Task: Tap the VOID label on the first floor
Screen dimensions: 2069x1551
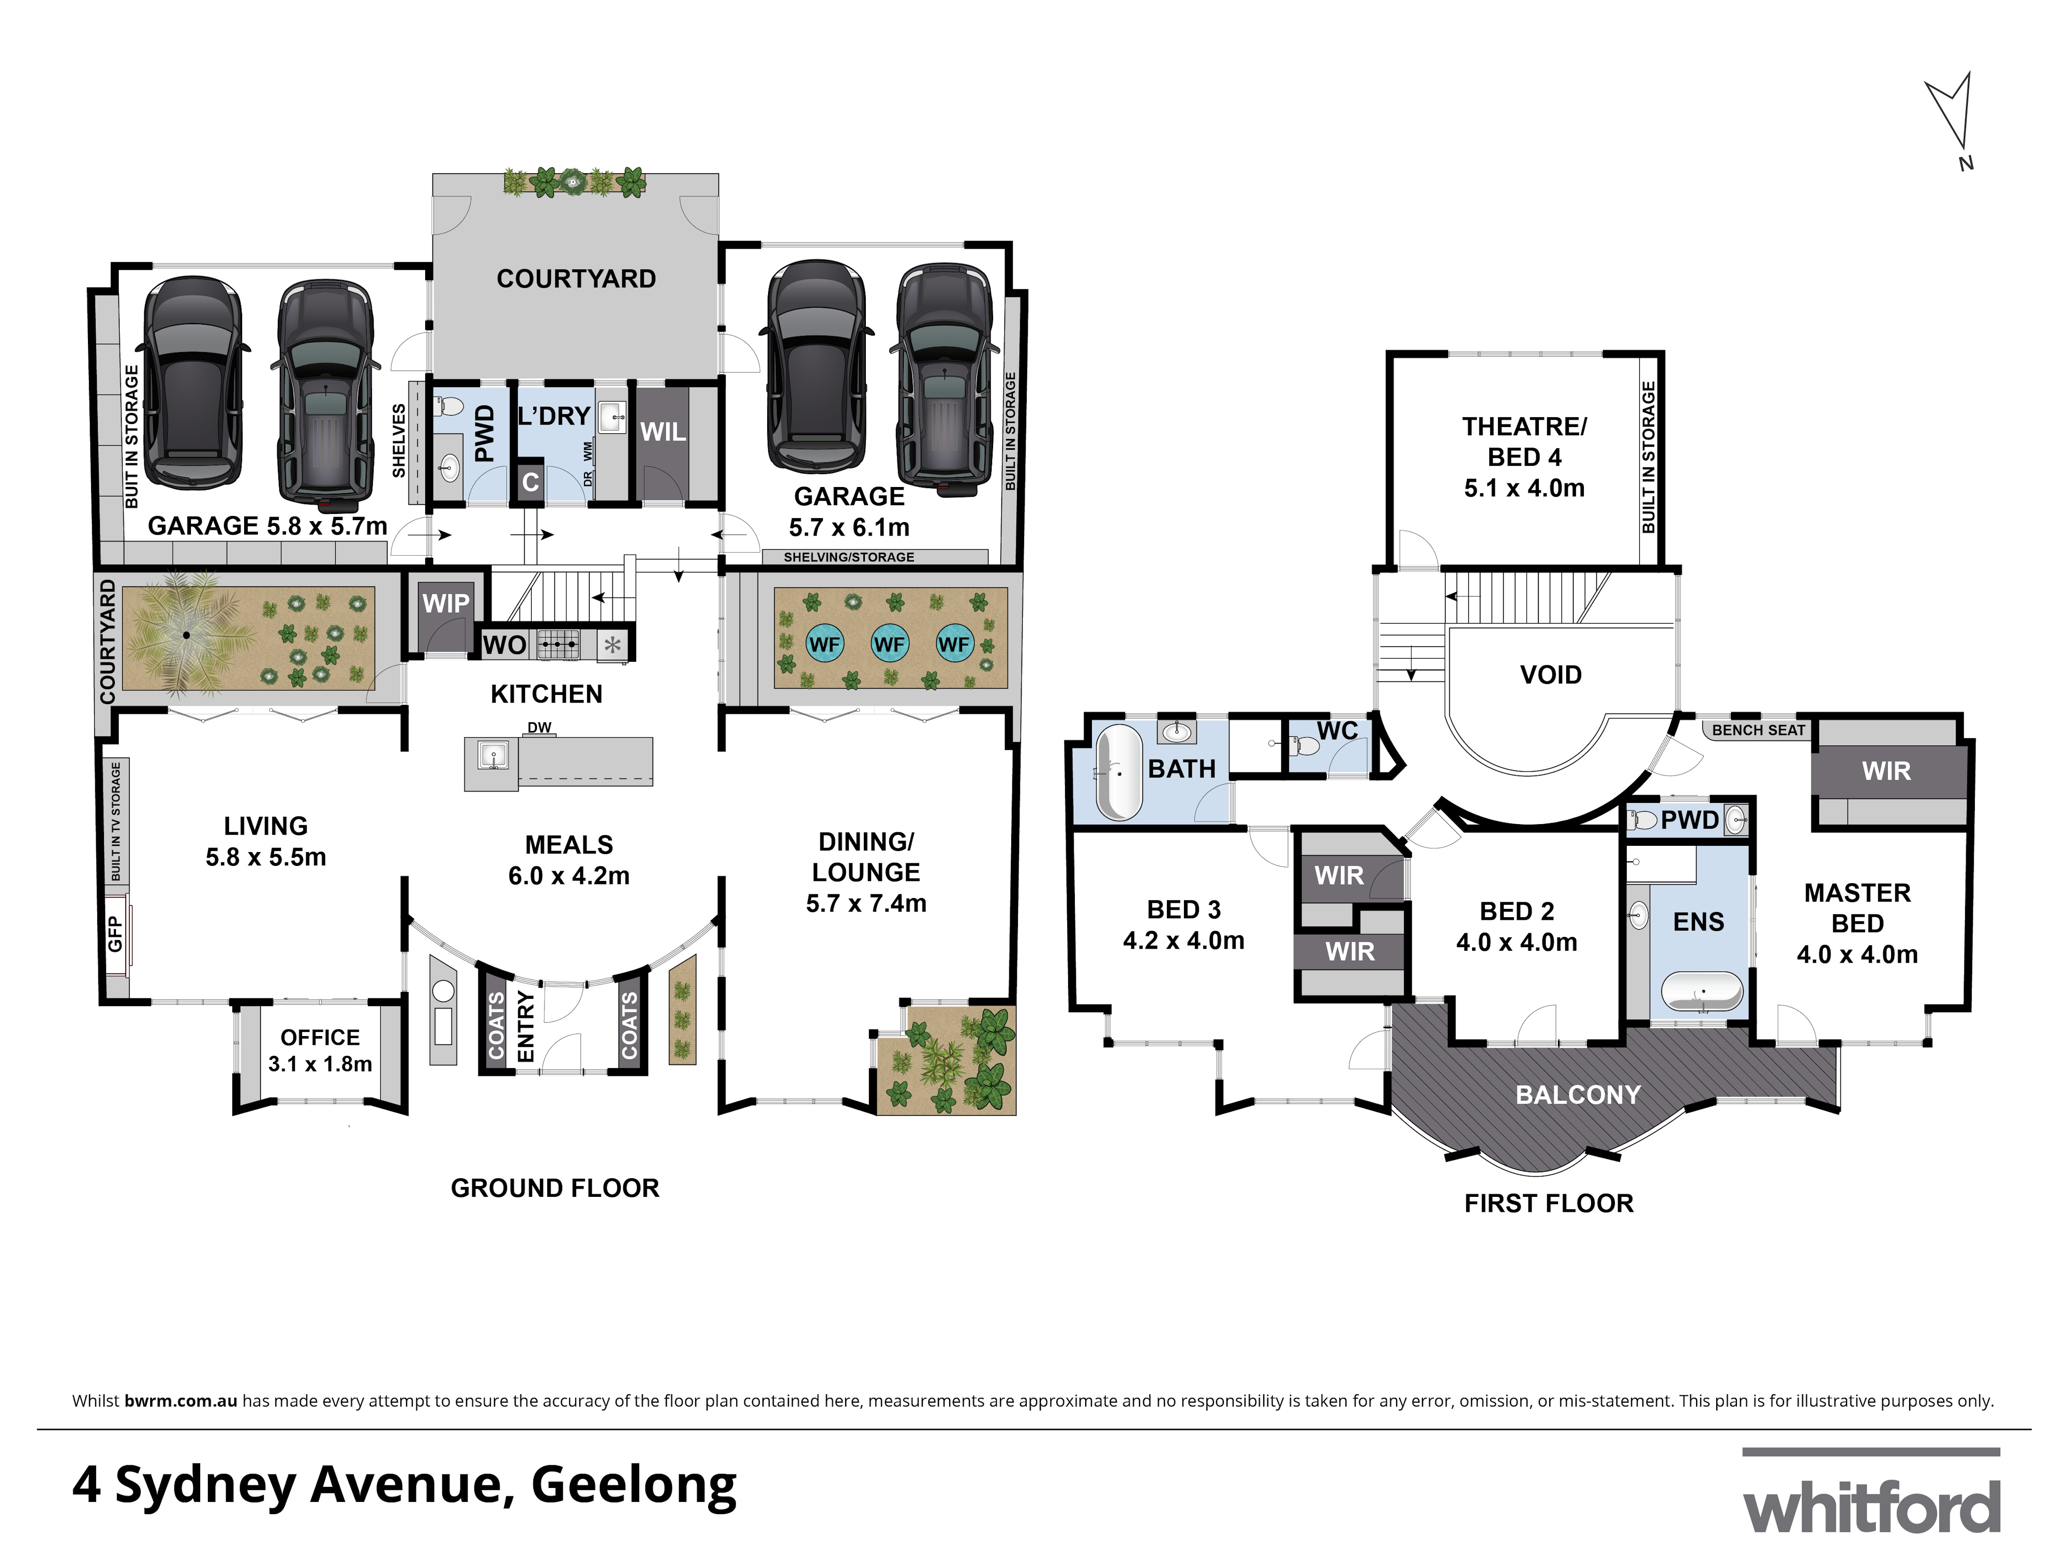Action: tap(1551, 675)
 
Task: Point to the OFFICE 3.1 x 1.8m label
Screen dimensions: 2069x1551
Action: tap(320, 1051)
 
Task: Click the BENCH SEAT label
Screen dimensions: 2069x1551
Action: tap(1759, 730)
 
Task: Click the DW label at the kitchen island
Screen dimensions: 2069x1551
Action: tap(539, 727)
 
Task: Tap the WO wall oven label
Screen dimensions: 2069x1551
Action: tap(504, 645)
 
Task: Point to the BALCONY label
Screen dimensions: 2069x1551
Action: tap(1578, 1095)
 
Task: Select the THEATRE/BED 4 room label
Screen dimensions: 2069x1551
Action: tap(1525, 457)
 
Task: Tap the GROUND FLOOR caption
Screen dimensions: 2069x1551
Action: tap(554, 1188)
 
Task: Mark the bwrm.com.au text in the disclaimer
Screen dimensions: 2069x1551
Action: tap(181, 1401)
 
